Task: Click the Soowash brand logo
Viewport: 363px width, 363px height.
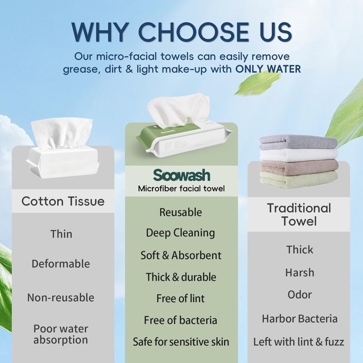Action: click(x=181, y=175)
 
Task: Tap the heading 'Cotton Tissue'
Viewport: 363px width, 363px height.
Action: click(x=63, y=201)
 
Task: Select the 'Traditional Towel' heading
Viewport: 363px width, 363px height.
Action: click(x=299, y=214)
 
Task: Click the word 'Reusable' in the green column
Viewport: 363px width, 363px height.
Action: click(x=181, y=212)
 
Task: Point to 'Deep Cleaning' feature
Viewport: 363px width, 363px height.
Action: click(x=180, y=233)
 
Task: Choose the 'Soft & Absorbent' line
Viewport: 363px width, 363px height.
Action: click(x=181, y=255)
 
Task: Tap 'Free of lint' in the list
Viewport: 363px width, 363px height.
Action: click(x=180, y=299)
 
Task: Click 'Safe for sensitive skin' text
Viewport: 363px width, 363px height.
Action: click(x=181, y=342)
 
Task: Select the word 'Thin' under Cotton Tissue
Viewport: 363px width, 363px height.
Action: click(x=61, y=234)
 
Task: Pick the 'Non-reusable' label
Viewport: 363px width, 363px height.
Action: click(x=61, y=298)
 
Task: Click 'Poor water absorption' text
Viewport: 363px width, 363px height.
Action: click(x=61, y=334)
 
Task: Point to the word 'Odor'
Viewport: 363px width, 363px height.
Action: click(x=299, y=294)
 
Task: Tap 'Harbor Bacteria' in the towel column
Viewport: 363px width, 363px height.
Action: click(x=299, y=319)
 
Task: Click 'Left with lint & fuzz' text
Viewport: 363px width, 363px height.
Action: click(x=299, y=342)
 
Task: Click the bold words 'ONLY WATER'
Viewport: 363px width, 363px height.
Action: click(x=268, y=69)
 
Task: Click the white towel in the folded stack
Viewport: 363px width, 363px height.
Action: click(x=299, y=154)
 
